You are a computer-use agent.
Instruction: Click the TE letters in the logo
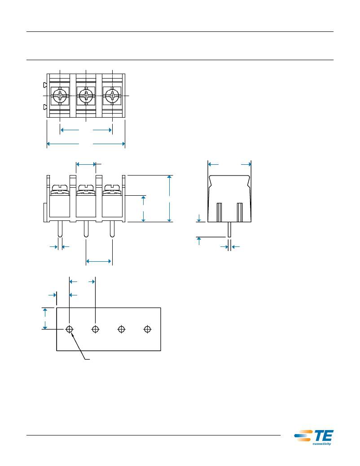(x=323, y=435)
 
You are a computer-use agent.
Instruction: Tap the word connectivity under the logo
(x=322, y=444)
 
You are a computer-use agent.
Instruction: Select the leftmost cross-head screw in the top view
(x=60, y=96)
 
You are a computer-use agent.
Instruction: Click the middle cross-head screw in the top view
(x=86, y=96)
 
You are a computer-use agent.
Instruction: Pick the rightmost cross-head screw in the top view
(x=112, y=96)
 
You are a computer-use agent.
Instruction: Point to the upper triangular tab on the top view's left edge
(x=45, y=85)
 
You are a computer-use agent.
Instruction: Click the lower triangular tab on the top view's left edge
(x=45, y=107)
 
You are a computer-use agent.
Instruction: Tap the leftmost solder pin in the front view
(x=60, y=229)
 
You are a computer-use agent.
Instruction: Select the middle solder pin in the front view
(x=86, y=229)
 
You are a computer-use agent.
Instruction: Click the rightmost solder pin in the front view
(x=112, y=229)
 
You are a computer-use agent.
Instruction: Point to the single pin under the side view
(x=229, y=229)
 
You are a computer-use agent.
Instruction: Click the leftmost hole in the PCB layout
(x=69, y=329)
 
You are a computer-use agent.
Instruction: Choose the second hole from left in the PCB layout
(x=96, y=329)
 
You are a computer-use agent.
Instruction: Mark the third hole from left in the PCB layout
(x=121, y=329)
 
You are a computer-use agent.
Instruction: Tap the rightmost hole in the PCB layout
(x=147, y=329)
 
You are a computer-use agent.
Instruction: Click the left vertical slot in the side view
(x=220, y=212)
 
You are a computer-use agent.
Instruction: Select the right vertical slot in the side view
(x=240, y=212)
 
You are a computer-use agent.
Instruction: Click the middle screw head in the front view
(x=86, y=187)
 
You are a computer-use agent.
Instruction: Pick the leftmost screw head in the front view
(x=60, y=187)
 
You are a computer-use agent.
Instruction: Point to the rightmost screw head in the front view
(x=112, y=187)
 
